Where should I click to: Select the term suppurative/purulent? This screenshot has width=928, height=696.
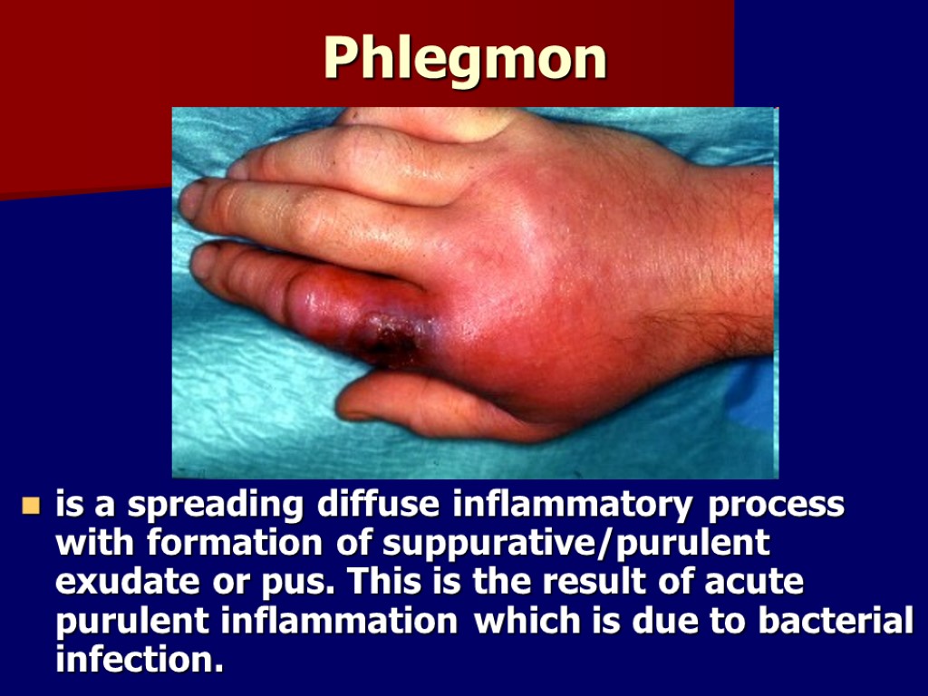[576, 545]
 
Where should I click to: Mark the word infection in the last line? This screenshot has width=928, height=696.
[139, 659]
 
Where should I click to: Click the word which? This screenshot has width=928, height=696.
[522, 621]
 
